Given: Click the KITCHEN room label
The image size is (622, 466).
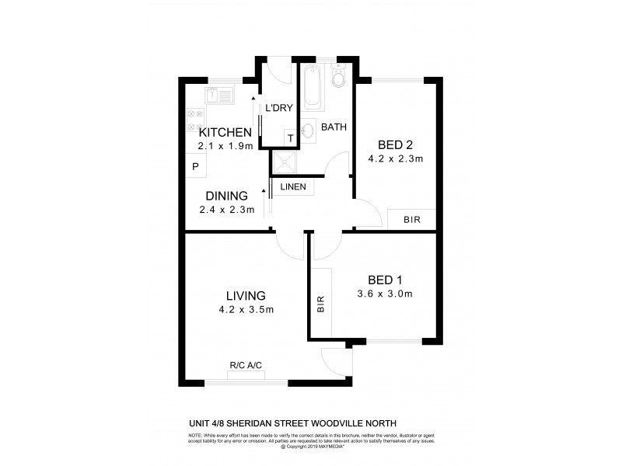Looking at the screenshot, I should [x=225, y=132].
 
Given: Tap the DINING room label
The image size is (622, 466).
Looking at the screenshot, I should [x=227, y=196].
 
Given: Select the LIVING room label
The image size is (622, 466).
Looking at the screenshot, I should [x=246, y=296].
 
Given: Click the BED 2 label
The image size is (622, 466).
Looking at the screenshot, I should [x=395, y=145].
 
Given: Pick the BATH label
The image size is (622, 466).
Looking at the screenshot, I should [x=334, y=127].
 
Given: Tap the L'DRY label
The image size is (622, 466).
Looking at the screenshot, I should [x=278, y=108].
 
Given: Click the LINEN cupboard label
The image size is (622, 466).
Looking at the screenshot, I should [x=293, y=187].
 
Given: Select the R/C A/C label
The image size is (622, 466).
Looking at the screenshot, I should [x=245, y=365].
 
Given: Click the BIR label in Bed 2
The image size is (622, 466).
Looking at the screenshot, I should [x=411, y=221].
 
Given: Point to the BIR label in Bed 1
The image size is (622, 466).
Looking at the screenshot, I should [x=320, y=304].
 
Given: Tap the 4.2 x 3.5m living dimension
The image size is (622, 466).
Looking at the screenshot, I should [x=246, y=310].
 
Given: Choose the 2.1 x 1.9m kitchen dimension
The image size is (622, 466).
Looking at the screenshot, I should [x=225, y=145].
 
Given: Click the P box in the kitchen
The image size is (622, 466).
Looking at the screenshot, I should [x=195, y=166].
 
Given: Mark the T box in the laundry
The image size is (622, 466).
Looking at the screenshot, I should [x=291, y=138].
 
